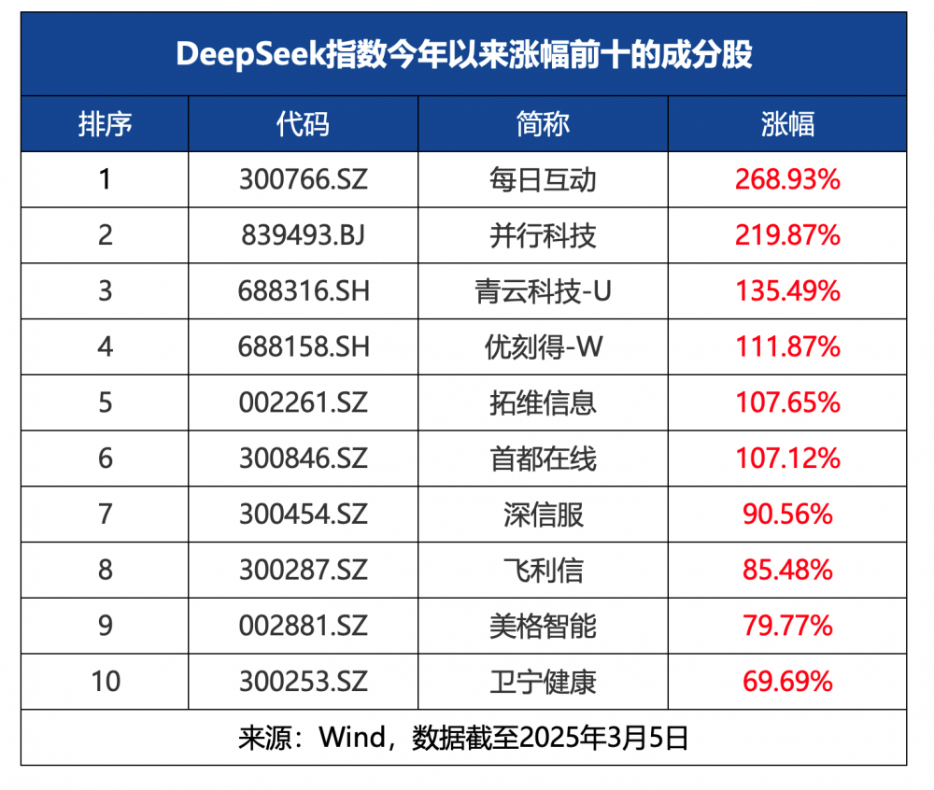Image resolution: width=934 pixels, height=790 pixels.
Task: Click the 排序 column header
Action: [105, 124]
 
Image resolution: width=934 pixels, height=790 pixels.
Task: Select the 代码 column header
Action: [303, 124]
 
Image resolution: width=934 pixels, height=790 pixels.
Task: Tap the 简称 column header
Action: [542, 124]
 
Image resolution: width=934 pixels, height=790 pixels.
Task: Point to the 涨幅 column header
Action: [787, 124]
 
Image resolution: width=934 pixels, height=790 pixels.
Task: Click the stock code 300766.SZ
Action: [303, 179]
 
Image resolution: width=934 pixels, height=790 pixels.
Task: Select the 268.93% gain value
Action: [787, 179]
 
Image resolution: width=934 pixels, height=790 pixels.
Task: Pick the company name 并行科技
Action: [542, 235]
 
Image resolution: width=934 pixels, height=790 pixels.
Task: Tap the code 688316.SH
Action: [303, 291]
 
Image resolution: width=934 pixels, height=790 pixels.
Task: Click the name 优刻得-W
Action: [542, 347]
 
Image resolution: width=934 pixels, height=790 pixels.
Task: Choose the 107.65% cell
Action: [787, 402]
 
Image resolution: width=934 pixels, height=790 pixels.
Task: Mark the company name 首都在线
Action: [542, 458]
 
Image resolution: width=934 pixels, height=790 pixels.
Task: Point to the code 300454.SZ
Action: [303, 515]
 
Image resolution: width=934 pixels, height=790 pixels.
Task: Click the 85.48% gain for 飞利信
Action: [787, 570]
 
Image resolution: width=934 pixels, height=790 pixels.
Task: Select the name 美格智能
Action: [542, 626]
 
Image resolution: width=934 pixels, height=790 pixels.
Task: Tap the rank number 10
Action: [106, 682]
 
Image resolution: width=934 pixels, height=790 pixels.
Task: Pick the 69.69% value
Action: [787, 682]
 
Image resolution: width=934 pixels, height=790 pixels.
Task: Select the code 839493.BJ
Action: [303, 235]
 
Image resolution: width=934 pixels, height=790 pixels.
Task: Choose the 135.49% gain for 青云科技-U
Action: [787, 291]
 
